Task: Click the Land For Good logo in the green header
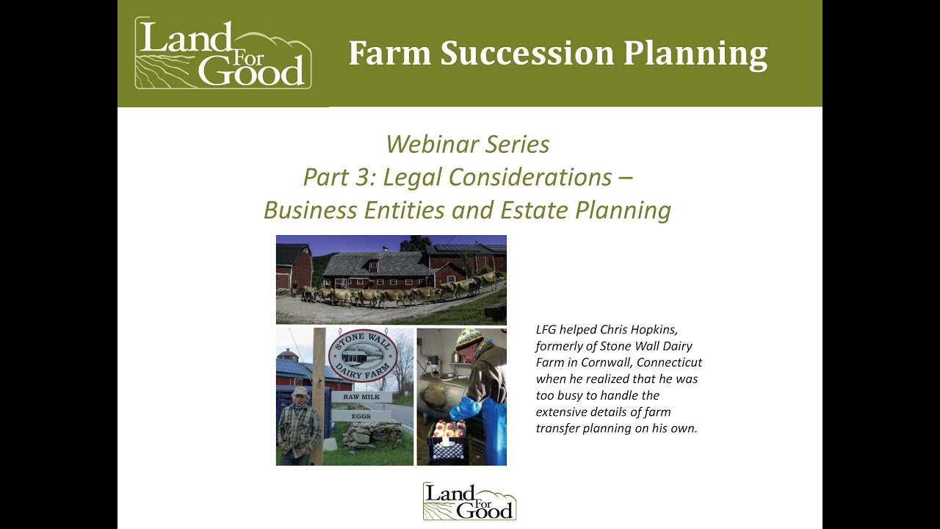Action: pyautogui.click(x=223, y=54)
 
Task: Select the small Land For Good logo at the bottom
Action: pyautogui.click(x=469, y=501)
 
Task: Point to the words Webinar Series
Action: pyautogui.click(x=467, y=144)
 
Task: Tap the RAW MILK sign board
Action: pyautogui.click(x=361, y=397)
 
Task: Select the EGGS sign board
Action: pyautogui.click(x=360, y=415)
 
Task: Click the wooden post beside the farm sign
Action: pyautogui.click(x=319, y=397)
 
